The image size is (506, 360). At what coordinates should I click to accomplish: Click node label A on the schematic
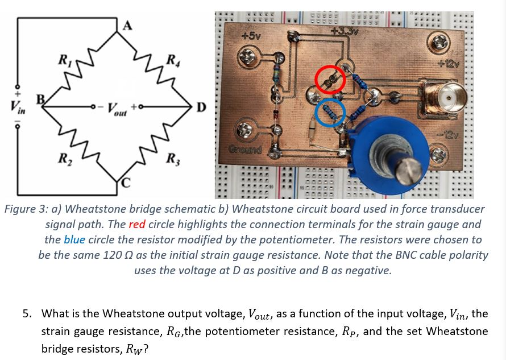(x=128, y=25)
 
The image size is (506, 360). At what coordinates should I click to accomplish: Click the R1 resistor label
(x=64, y=59)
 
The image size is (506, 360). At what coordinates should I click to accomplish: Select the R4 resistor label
(x=170, y=60)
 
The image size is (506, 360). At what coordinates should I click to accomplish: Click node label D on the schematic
(x=201, y=107)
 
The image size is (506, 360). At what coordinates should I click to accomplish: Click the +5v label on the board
(x=251, y=35)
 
